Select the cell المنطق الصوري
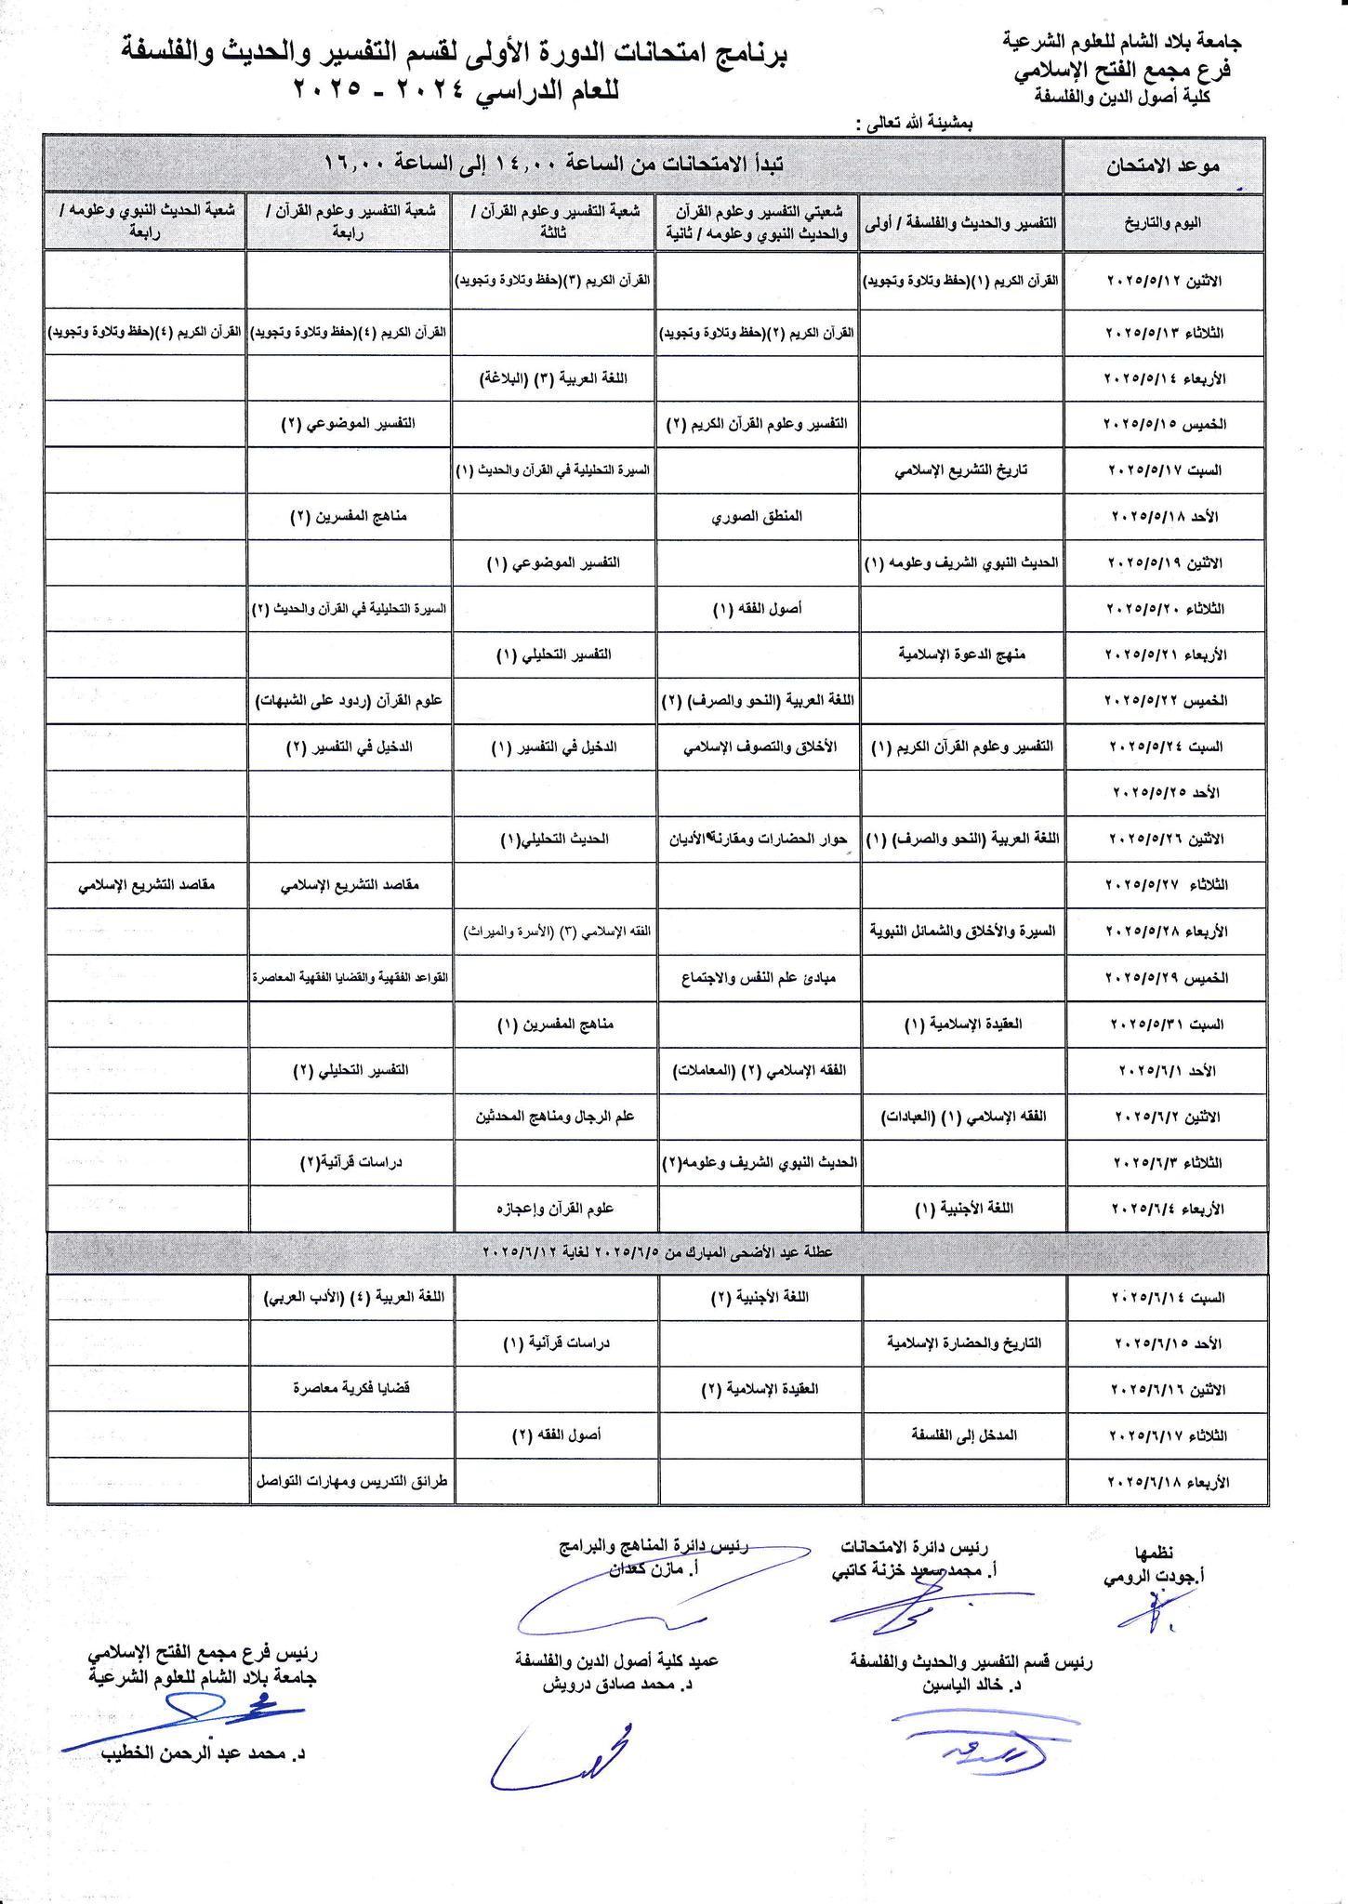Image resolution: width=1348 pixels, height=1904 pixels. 757,516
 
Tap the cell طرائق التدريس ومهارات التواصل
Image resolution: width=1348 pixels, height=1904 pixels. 350,1481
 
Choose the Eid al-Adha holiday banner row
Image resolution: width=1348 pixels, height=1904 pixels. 658,1251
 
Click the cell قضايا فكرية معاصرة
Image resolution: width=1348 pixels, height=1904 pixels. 350,1388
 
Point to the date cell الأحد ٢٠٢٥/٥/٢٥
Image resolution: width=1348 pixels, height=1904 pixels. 1166,793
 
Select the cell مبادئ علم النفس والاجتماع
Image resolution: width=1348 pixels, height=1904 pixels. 757,977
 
